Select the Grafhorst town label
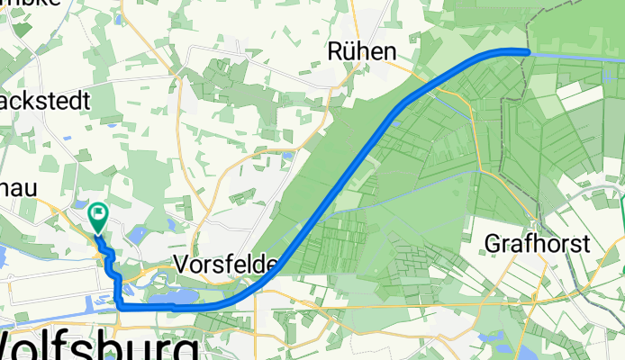tap(537, 243)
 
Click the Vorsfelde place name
tap(226, 265)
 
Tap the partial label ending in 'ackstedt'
tap(45, 101)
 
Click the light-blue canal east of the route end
tap(576, 55)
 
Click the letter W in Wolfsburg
tap(20, 346)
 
